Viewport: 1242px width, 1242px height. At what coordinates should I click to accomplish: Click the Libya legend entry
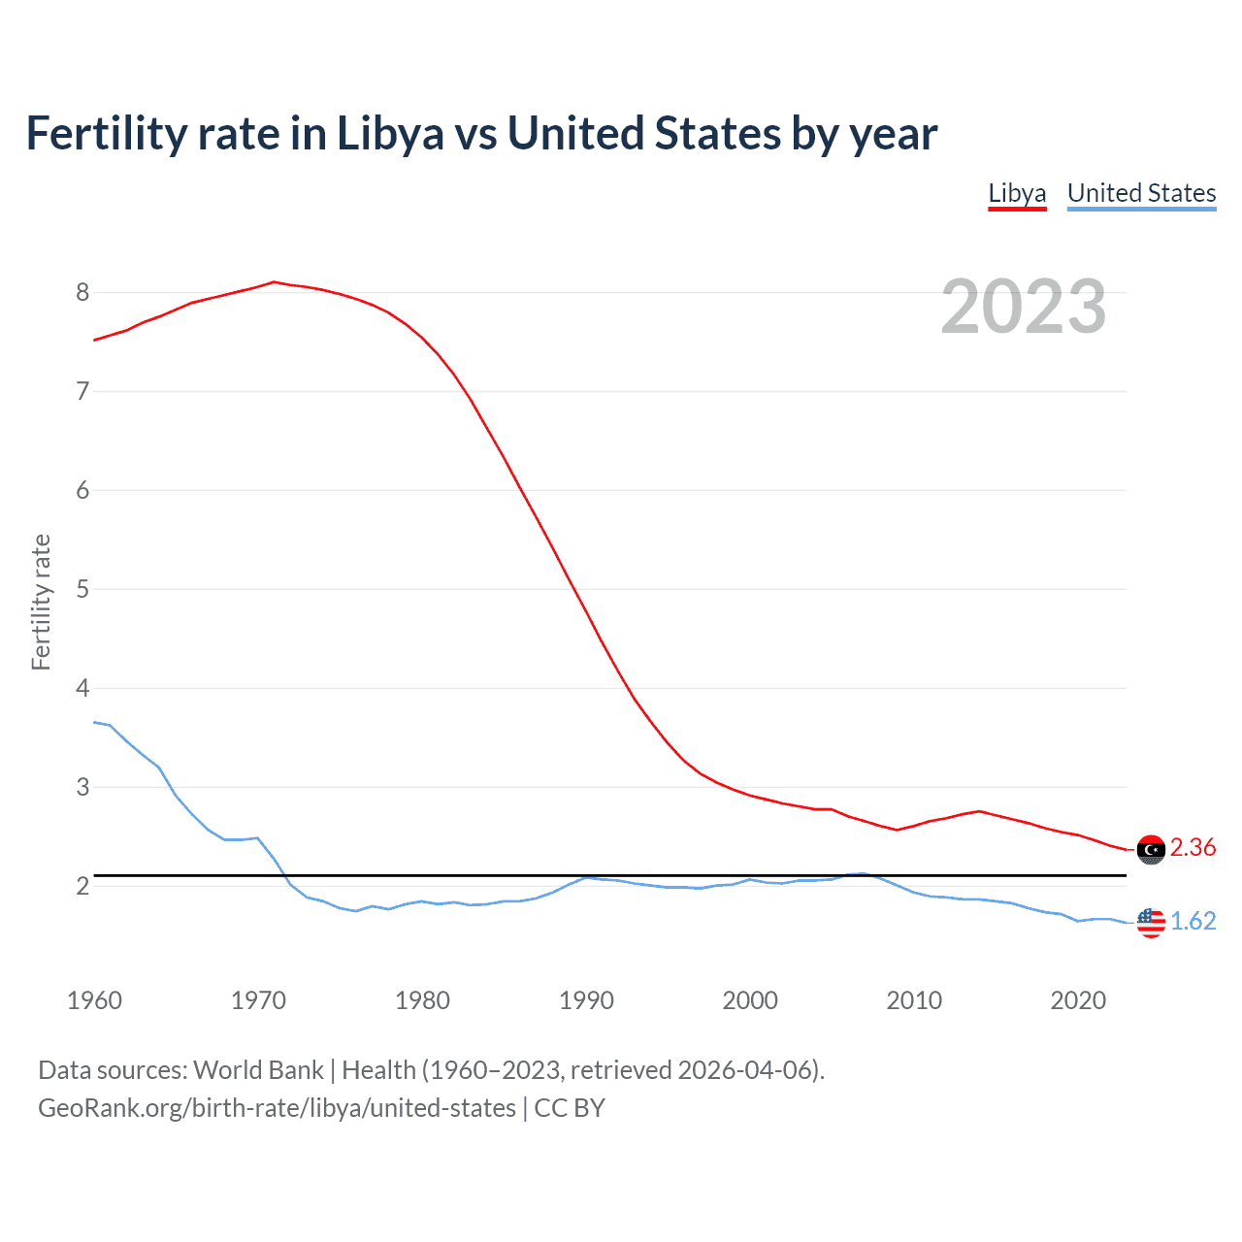[1017, 193]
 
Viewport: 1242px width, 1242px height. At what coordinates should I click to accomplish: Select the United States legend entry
[1141, 193]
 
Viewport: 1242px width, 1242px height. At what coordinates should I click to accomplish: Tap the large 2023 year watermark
[1023, 307]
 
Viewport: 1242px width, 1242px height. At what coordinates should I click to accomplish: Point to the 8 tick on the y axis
[82, 292]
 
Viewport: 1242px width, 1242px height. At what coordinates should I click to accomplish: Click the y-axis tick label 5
[82, 589]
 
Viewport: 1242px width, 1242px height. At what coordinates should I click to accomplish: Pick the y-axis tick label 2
[82, 886]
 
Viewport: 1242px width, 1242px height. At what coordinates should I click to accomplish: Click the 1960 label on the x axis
[94, 1000]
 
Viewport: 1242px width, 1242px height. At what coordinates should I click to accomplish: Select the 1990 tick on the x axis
[586, 1000]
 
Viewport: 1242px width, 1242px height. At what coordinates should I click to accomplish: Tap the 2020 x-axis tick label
[1078, 1000]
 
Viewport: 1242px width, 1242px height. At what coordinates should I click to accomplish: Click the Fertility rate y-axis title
[41, 602]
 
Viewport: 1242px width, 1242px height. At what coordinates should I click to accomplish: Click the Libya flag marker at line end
[1151, 849]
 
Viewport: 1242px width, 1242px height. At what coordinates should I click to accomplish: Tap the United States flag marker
[1151, 922]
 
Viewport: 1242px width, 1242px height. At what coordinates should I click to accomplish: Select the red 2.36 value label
[1193, 848]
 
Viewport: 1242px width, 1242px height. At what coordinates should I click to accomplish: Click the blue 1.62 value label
[1193, 921]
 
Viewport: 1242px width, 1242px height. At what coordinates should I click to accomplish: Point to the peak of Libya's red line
[274, 282]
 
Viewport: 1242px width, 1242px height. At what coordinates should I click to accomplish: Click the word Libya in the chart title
[390, 134]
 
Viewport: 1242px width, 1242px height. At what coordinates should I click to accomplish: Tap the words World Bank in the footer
[258, 1070]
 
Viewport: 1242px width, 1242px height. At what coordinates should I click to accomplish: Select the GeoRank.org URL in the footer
[277, 1108]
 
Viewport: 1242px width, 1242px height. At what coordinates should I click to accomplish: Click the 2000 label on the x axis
[750, 1000]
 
